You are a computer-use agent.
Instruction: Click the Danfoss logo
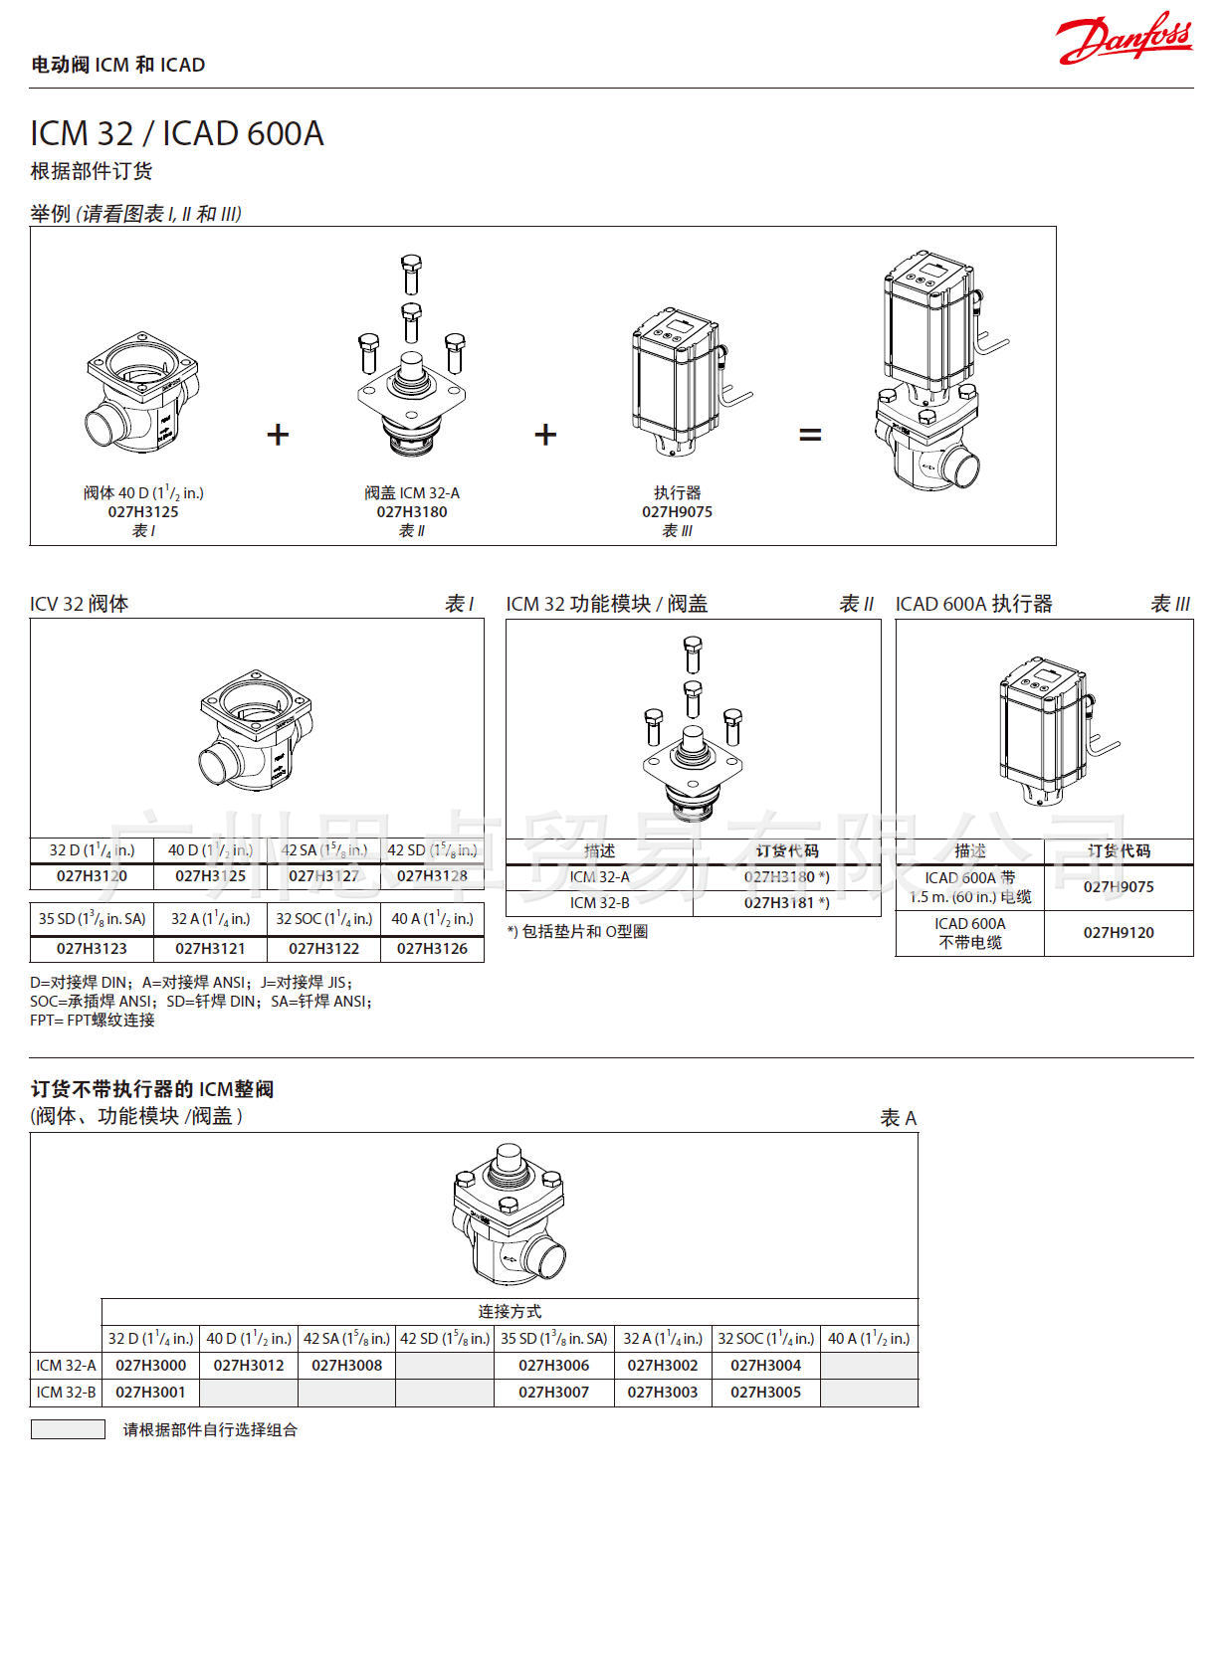point(1124,41)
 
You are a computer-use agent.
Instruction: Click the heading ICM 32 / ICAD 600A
point(177,133)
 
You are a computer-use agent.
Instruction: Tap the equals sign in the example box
point(810,435)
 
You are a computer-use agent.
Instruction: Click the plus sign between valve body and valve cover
point(278,435)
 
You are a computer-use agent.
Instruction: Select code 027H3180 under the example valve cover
point(411,511)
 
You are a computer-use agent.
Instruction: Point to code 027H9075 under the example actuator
point(677,511)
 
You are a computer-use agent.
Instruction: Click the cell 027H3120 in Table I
point(92,875)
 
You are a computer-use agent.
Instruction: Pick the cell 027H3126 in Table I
point(432,948)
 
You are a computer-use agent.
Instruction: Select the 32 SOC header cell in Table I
point(323,918)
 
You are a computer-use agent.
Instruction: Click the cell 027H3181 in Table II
point(785,902)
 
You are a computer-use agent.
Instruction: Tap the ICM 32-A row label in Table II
point(599,876)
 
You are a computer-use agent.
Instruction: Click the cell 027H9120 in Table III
point(1118,932)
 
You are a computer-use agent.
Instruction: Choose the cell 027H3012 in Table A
point(249,1365)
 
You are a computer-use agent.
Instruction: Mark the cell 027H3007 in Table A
point(553,1392)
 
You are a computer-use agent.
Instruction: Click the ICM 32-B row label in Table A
point(66,1392)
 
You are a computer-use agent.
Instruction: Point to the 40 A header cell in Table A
point(868,1338)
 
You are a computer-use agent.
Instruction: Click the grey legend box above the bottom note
point(68,1429)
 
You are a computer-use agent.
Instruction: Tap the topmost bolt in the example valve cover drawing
point(411,274)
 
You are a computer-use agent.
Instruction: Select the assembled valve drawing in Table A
point(509,1213)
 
